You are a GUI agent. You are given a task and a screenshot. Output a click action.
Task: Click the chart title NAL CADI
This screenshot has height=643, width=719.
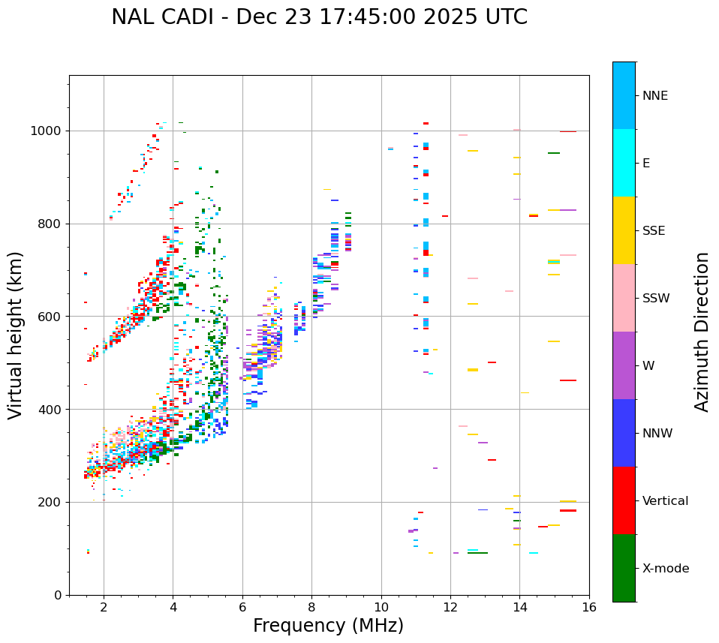point(319,17)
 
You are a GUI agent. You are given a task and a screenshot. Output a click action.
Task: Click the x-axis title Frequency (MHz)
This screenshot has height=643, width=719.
point(328,626)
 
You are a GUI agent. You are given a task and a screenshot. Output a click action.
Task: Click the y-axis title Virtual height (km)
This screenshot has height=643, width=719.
point(16,335)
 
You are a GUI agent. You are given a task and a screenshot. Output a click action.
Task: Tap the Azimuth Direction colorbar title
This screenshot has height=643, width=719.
point(702,332)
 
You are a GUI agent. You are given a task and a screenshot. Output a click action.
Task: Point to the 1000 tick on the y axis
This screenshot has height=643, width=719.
point(50,131)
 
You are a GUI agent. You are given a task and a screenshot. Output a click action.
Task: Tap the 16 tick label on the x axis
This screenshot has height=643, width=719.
point(589,607)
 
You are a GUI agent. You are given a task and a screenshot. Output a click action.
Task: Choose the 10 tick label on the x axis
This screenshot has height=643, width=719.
point(381,607)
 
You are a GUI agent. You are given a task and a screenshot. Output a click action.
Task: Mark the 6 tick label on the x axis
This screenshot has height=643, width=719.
point(242,607)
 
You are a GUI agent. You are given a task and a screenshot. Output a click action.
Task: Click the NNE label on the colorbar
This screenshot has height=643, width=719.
point(655,96)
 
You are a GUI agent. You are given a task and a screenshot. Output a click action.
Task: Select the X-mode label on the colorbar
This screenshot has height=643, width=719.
point(666,569)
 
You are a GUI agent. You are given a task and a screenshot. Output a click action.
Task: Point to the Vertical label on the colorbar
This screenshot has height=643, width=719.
point(665,501)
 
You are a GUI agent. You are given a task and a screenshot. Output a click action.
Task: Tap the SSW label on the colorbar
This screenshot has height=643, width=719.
point(656,299)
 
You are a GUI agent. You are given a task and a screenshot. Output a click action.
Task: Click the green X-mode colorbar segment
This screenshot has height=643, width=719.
point(624,568)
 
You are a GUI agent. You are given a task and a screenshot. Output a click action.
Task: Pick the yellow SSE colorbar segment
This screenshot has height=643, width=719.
point(624,230)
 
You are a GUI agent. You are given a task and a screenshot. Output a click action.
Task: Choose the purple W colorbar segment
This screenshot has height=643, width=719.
point(624,365)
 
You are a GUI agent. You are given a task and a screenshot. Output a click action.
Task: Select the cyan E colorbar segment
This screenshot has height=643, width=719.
point(624,163)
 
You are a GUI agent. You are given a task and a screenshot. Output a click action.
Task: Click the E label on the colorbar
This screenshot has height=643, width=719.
point(646,164)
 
